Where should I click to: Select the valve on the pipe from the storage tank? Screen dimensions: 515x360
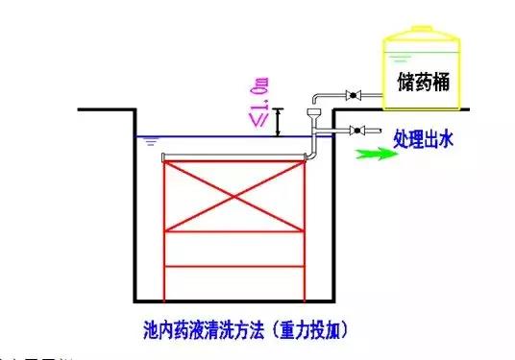pos(353,95)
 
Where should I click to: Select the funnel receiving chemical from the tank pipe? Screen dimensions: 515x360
pos(311,116)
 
